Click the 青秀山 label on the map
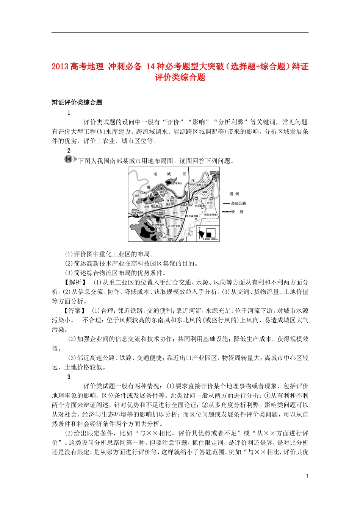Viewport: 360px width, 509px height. pyautogui.click(x=178, y=183)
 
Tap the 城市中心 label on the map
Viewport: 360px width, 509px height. pyautogui.click(x=164, y=192)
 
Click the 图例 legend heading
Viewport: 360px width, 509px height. pyautogui.click(x=234, y=194)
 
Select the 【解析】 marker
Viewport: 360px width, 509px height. pyautogui.click(x=75, y=283)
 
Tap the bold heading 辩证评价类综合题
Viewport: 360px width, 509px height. pyautogui.click(x=77, y=102)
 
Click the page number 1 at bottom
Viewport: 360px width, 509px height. pyautogui.click(x=307, y=476)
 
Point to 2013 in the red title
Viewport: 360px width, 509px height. pyautogui.click(x=60, y=67)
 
